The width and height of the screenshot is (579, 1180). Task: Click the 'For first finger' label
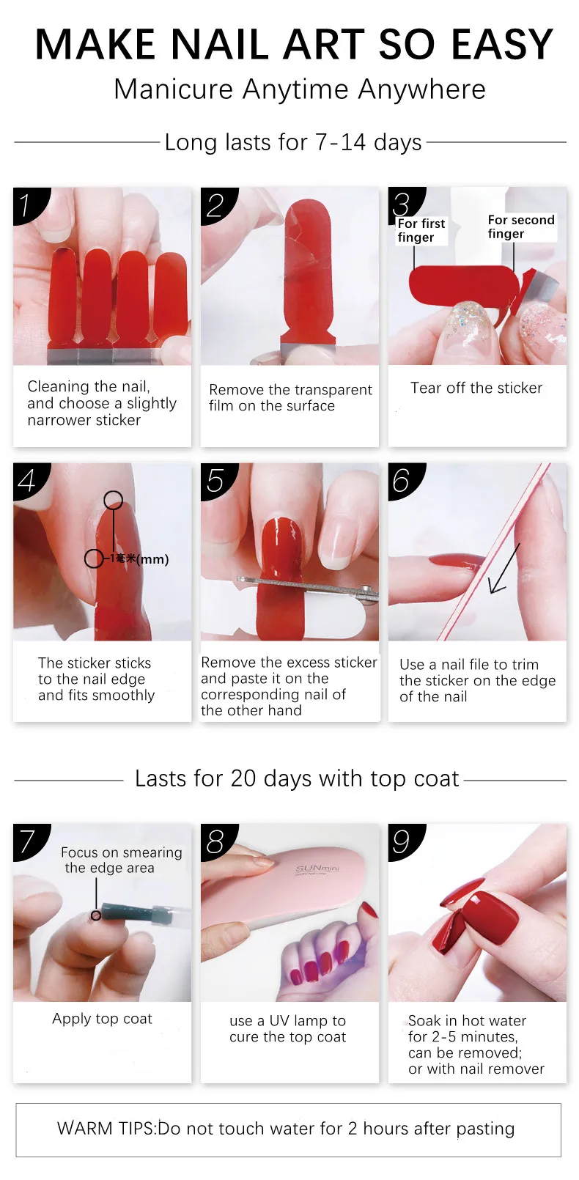click(x=421, y=230)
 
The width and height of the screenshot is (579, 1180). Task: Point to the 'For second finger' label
click(x=520, y=226)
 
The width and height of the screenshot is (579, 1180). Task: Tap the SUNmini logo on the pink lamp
click(x=317, y=869)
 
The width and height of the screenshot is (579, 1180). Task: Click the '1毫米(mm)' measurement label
click(x=139, y=559)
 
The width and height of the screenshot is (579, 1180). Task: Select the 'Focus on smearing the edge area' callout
click(x=121, y=860)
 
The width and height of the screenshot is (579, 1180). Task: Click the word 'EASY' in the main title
click(x=502, y=44)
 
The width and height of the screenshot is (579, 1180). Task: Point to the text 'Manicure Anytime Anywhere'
click(x=299, y=89)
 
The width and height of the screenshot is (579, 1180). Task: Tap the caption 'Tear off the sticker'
click(x=476, y=388)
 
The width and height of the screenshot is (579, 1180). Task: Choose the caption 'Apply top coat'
click(x=102, y=1019)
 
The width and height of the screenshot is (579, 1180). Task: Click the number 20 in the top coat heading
click(x=243, y=778)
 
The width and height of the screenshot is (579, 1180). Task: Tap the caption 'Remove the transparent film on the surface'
click(x=290, y=397)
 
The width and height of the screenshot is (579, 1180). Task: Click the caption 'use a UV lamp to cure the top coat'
click(x=287, y=1028)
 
